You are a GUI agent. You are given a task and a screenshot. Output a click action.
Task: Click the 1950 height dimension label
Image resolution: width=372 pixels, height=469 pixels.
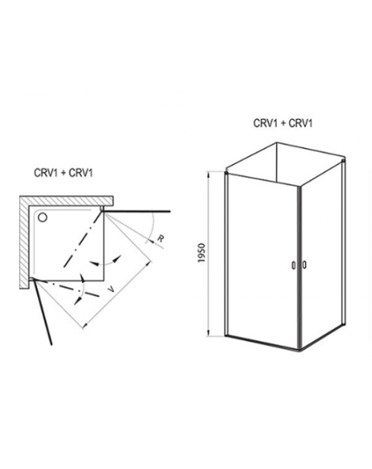pos(203,253)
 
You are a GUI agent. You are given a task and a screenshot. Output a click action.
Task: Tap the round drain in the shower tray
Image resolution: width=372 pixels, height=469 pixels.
pos(42,218)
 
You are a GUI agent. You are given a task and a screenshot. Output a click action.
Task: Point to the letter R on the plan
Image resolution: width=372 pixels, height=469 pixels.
pos(160,238)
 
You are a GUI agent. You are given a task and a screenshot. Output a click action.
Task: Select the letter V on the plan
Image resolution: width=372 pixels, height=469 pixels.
pos(110,290)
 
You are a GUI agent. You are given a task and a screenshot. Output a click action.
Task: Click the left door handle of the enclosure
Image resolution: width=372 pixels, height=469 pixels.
pos(293,266)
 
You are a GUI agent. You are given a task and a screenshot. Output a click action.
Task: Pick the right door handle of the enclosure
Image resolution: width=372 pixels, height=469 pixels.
pos(304,265)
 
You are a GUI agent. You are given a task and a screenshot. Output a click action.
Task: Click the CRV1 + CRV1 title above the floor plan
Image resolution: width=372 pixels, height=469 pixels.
pos(64,173)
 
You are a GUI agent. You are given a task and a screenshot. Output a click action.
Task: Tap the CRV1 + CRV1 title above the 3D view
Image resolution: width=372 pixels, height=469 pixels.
pos(283,123)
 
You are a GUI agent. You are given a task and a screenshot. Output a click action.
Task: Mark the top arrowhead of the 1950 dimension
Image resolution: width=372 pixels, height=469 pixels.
pos(210,174)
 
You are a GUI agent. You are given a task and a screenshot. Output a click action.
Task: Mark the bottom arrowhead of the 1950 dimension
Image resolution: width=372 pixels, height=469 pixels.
pos(210,333)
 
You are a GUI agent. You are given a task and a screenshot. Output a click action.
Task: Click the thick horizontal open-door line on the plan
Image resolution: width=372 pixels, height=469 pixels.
pos(136,212)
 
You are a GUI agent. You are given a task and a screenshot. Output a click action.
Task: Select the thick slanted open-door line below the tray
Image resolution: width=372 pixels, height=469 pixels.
pos(42,312)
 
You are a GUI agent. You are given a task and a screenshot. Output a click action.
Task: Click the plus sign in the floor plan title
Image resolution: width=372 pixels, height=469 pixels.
pos(63,174)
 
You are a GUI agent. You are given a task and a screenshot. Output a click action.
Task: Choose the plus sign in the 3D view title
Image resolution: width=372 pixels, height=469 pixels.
pos(283,123)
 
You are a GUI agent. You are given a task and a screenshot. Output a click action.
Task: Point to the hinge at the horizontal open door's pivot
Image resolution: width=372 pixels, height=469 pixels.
pos(103,208)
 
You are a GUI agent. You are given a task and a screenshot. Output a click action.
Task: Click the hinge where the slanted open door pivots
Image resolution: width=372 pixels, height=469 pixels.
pos(32,279)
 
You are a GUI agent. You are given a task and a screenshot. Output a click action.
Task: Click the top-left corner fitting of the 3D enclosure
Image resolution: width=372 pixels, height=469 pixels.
pos(227,173)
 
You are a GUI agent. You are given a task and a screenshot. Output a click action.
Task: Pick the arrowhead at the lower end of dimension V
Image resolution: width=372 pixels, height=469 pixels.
pos(85,324)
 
